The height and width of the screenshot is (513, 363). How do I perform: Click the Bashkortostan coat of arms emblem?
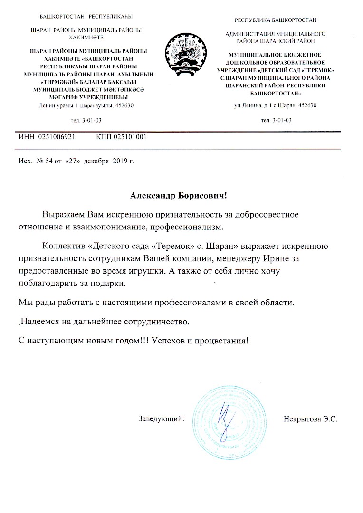click(x=185, y=53)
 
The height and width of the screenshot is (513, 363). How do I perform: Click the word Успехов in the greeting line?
click(x=170, y=341)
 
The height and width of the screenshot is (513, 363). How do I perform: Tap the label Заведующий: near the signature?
click(x=161, y=419)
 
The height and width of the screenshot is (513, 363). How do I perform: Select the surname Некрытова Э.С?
click(x=310, y=419)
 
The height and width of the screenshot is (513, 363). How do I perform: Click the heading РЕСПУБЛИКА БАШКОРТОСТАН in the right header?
click(x=276, y=20)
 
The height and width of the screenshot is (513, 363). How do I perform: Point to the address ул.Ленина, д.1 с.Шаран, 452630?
click(x=276, y=105)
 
